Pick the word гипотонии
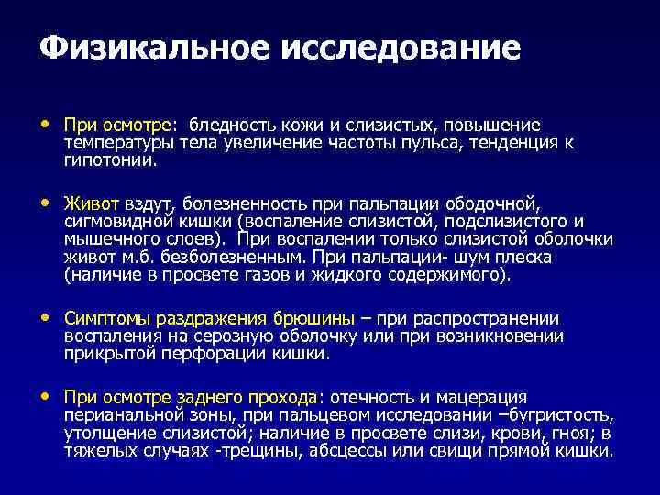coord(109,159)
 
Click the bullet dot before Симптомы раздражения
coord(47,318)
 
